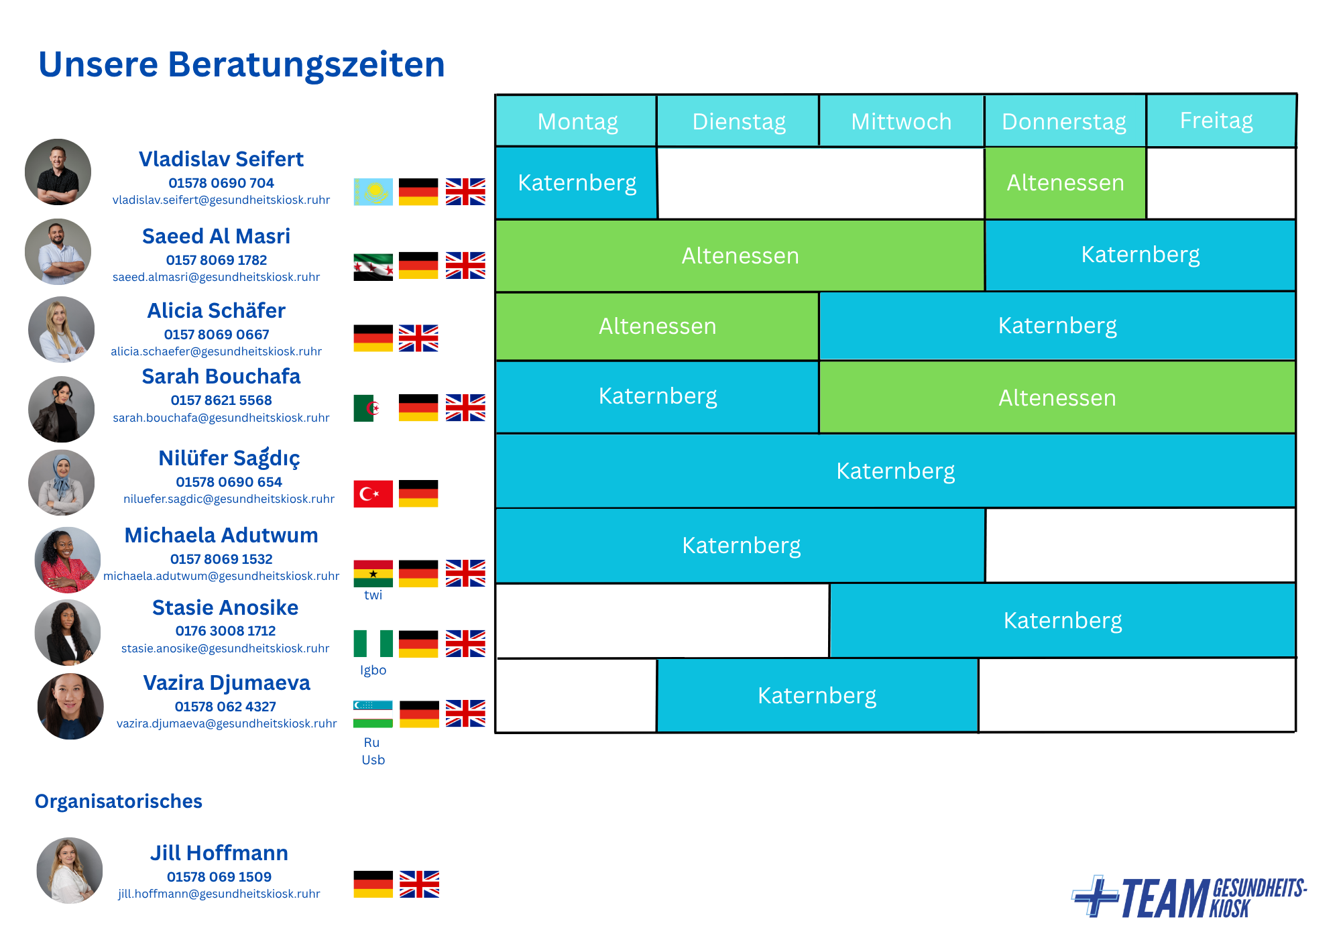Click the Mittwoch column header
[x=901, y=121]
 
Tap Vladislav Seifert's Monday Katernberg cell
[x=577, y=182]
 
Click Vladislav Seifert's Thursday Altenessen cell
[x=1065, y=182]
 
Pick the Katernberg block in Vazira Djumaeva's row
[x=817, y=695]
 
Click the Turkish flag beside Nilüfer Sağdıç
[x=373, y=493]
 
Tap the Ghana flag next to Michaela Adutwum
[x=373, y=573]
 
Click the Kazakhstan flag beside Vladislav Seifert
[x=373, y=192]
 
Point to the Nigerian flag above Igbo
[x=373, y=644]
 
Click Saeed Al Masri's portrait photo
[x=58, y=252]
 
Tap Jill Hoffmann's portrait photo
[x=70, y=870]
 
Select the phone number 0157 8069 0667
[x=217, y=335]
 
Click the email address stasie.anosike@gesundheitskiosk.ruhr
[x=225, y=648]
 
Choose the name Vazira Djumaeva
[x=227, y=683]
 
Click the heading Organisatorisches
[x=119, y=801]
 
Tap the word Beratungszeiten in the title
[x=306, y=65]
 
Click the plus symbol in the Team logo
[x=1095, y=896]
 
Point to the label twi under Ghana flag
[x=373, y=595]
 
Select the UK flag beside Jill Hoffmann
[x=420, y=884]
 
